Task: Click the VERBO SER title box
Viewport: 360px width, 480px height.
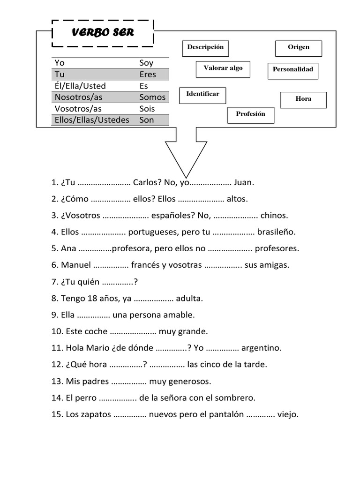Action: tap(103, 33)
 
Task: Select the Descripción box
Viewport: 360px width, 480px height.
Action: tap(205, 48)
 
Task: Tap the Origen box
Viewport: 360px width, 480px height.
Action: tap(299, 48)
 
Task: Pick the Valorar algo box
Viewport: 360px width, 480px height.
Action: tap(223, 69)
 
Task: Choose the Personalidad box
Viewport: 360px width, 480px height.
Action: tap(293, 70)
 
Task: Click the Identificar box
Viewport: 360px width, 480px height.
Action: tap(202, 95)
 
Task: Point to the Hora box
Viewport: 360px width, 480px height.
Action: tap(303, 99)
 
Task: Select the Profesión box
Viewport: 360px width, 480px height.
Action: tap(251, 115)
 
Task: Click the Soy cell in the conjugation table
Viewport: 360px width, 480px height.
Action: tap(146, 63)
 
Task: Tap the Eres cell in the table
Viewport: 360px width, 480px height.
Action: tap(148, 74)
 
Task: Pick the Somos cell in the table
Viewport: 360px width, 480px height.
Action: tap(152, 97)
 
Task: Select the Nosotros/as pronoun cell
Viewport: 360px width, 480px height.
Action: tap(78, 97)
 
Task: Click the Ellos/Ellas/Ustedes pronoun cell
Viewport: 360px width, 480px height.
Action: tap(92, 120)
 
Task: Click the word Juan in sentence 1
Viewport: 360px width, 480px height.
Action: tap(243, 183)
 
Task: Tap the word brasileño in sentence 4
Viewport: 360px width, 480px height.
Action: tap(276, 232)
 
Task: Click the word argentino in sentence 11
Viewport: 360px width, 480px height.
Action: tap(262, 348)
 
